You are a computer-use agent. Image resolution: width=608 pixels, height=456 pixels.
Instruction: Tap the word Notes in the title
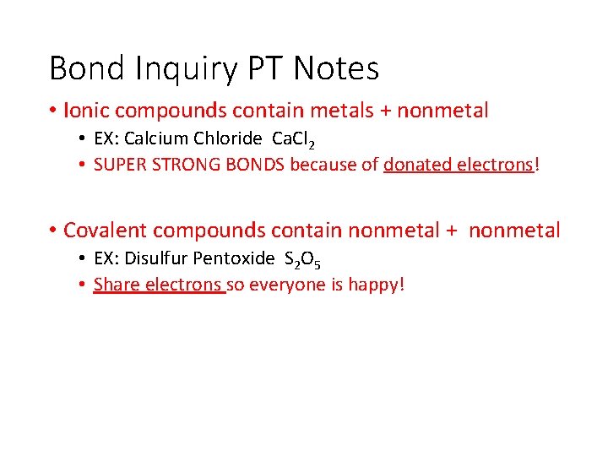coord(335,68)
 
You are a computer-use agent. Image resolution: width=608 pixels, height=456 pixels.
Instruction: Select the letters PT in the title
coord(263,68)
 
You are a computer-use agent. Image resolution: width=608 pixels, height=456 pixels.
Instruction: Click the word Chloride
coord(222,138)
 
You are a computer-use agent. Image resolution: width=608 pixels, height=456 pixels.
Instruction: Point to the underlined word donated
coord(417,165)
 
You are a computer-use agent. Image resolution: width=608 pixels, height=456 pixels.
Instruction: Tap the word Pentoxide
coord(234,258)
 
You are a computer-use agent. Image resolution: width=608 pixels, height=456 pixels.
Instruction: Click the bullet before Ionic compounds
coord(53,111)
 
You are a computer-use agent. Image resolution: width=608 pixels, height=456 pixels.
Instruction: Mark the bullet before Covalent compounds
coord(53,231)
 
